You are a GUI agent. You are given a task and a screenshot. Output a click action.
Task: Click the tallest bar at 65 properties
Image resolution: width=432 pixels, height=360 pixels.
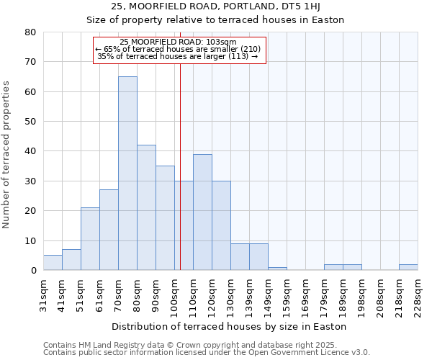[127, 173]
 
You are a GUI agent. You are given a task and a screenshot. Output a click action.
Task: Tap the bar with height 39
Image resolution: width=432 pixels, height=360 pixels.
[202, 212]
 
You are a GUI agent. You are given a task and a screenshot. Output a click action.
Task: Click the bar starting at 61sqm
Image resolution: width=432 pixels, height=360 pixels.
[109, 230]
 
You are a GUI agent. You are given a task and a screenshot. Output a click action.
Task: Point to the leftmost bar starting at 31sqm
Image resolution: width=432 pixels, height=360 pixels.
[53, 263]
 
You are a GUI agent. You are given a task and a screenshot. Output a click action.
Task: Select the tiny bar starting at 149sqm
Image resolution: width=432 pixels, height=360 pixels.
[277, 269]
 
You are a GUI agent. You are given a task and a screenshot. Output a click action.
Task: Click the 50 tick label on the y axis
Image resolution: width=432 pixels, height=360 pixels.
[30, 122]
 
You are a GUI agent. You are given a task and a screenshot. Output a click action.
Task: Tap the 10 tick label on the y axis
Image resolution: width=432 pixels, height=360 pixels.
[30, 240]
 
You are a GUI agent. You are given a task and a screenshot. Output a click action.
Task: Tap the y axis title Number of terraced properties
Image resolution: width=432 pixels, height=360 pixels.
[7, 155]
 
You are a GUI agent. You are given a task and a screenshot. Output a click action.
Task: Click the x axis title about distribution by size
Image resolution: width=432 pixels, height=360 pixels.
[230, 326]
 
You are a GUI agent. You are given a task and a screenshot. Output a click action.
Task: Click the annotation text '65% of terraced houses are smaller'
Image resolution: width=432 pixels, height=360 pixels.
[180, 49]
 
